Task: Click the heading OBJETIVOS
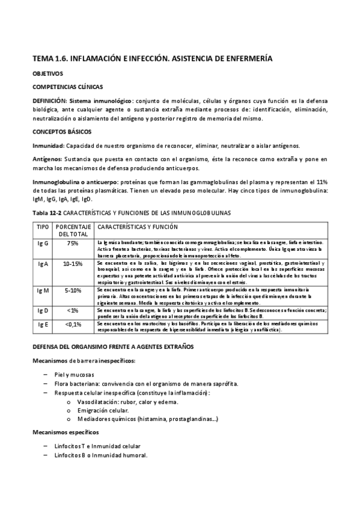pos(47,73)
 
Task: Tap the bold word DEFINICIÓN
pos(49,100)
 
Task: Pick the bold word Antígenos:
pos(47,159)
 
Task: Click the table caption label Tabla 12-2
pos(47,213)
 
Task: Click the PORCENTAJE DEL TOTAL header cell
pos(73,231)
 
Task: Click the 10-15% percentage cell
pos(73,263)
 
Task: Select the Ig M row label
pos(43,290)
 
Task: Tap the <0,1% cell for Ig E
pos(73,324)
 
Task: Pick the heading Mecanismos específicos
pos(66,432)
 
